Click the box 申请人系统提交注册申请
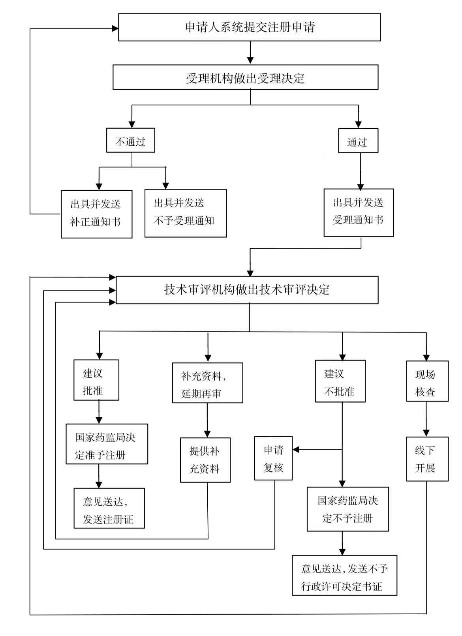[x=250, y=27]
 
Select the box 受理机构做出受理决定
[x=245, y=78]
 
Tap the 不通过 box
[x=130, y=141]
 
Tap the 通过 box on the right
[x=358, y=141]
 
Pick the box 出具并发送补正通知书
[x=96, y=214]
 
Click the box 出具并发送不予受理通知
[x=185, y=213]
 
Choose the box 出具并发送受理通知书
[x=358, y=212]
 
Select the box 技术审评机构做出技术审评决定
[x=247, y=290]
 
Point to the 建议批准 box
[x=96, y=380]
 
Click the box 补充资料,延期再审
[x=207, y=383]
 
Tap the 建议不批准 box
[x=340, y=381]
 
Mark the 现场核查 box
[x=427, y=381]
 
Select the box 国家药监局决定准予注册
[x=107, y=444]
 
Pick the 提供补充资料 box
[x=205, y=460]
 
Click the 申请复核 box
[x=273, y=458]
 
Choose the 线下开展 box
[x=427, y=459]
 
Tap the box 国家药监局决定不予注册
[x=347, y=509]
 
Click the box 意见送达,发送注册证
[x=109, y=508]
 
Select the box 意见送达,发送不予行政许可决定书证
[x=344, y=576]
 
